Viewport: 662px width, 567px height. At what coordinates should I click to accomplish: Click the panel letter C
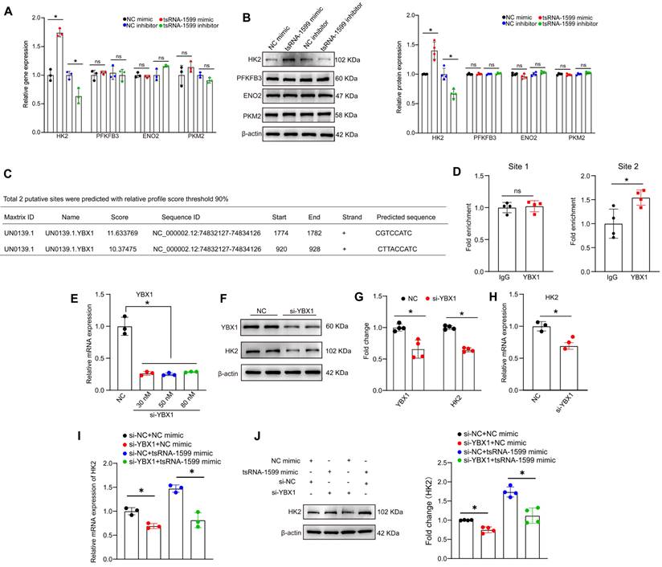(x=7, y=174)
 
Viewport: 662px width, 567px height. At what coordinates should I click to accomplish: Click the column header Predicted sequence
(x=407, y=217)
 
